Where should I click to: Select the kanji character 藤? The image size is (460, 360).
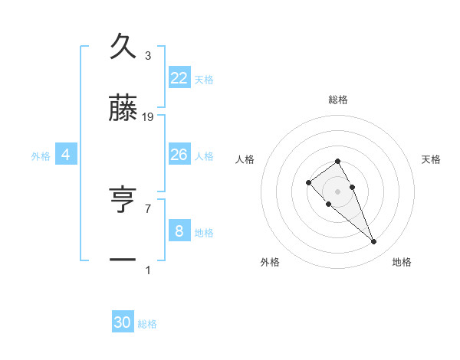[x=123, y=109]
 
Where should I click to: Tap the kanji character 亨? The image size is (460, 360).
[x=123, y=200]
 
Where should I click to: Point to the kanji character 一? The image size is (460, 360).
[x=123, y=260]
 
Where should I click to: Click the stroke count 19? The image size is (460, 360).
[x=148, y=117]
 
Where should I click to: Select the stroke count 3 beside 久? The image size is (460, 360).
[x=148, y=55]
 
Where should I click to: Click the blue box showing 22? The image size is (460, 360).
[x=179, y=78]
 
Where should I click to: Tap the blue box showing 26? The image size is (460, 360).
[x=179, y=155]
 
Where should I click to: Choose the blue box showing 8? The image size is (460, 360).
[x=179, y=230]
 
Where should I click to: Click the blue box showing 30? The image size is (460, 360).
[x=123, y=322]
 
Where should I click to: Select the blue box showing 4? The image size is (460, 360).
[x=66, y=155]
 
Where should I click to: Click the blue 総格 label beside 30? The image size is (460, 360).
[x=147, y=324]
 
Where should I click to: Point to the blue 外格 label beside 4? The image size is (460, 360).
[x=41, y=156]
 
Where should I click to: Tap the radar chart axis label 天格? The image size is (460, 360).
[x=432, y=159]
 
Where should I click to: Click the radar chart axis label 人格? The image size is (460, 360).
[x=245, y=159]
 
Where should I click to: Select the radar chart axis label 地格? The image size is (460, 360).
[x=402, y=262]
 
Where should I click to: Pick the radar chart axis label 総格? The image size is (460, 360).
[x=338, y=100]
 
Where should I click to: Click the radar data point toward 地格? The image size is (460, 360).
[x=374, y=242]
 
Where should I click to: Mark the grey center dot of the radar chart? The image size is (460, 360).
[x=338, y=191]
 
